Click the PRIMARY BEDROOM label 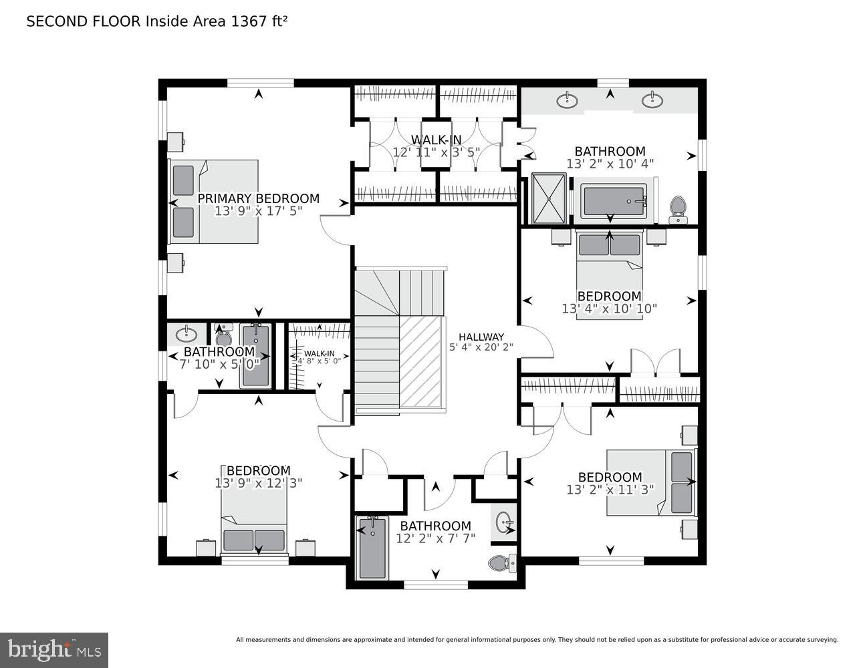[258, 198]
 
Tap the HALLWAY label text [481, 337]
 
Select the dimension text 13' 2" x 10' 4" [610, 164]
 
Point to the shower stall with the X [548, 198]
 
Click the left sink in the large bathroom [568, 101]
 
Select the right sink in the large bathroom [652, 101]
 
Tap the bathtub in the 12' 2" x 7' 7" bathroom [372, 548]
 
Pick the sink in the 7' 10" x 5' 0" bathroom [187, 333]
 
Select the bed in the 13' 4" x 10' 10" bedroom [609, 274]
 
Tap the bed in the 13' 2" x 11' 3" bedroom [650, 482]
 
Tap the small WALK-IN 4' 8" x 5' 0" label [320, 357]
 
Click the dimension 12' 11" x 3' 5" [436, 152]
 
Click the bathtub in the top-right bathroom [613, 201]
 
